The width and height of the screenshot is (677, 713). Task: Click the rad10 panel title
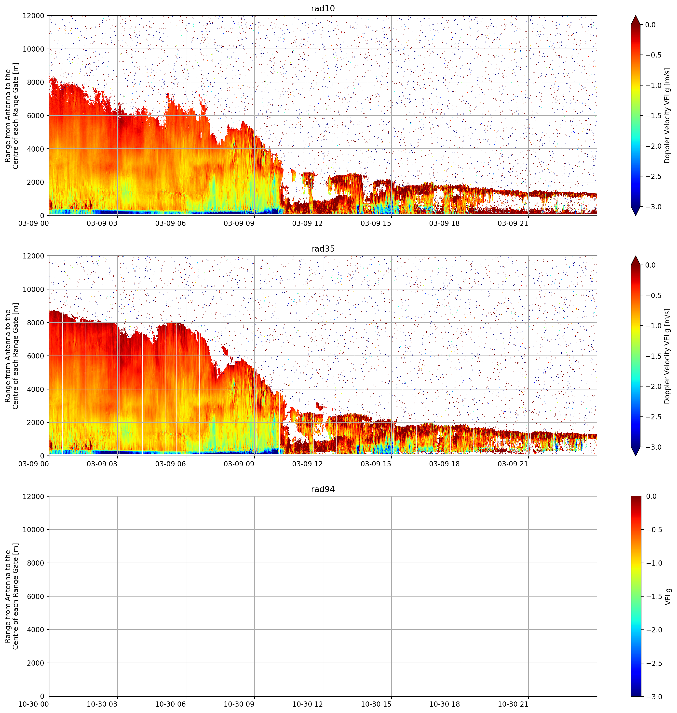pyautogui.click(x=323, y=8)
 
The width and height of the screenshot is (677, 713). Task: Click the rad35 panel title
pyautogui.click(x=323, y=248)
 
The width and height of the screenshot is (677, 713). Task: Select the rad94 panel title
pyautogui.click(x=323, y=489)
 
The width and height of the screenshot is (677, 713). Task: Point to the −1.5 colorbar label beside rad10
pyautogui.click(x=653, y=115)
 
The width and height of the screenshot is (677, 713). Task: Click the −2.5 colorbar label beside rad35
pyautogui.click(x=653, y=417)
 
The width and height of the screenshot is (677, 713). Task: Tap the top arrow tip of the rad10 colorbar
pyautogui.click(x=636, y=15)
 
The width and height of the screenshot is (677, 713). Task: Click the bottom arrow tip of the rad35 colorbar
pyautogui.click(x=636, y=456)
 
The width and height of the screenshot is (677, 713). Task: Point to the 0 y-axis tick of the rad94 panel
pyautogui.click(x=42, y=696)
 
